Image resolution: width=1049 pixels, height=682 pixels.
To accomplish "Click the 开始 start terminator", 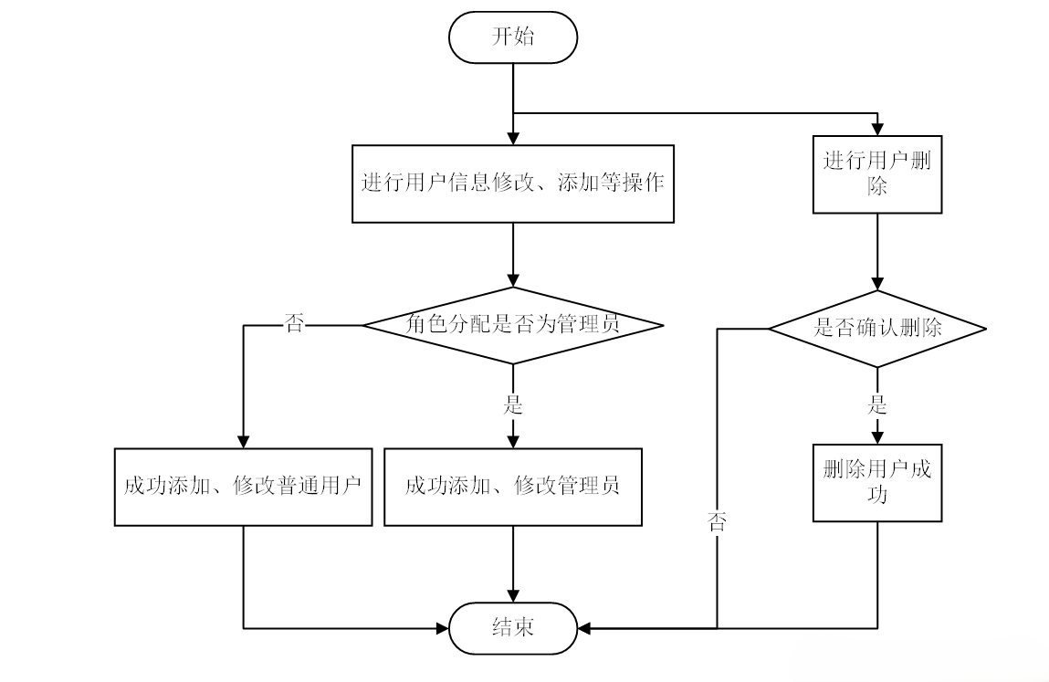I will click(512, 37).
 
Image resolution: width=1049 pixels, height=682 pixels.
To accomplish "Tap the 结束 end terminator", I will click(512, 627).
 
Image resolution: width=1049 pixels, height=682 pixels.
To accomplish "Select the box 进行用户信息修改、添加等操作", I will click(512, 183).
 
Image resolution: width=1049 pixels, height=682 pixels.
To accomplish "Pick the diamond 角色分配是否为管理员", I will click(512, 324).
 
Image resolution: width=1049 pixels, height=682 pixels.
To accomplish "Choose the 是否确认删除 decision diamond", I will click(876, 328).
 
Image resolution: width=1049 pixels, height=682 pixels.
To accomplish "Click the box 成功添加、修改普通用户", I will click(243, 486).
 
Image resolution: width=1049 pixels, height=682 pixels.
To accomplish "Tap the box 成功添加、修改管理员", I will click(512, 486).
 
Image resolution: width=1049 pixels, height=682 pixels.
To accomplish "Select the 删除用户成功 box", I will click(876, 482).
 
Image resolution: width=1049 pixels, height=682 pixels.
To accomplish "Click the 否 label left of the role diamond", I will click(294, 324).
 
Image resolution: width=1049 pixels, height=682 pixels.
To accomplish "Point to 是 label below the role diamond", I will click(512, 404).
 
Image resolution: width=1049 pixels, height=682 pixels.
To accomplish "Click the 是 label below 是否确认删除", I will click(876, 404).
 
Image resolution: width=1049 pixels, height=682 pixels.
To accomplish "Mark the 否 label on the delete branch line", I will click(717, 522).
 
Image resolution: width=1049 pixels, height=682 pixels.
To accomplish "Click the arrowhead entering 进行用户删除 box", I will click(876, 129).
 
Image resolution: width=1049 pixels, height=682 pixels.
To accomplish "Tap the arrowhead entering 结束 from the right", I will click(584, 627).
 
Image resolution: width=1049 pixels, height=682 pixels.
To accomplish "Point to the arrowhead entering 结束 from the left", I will click(442, 627).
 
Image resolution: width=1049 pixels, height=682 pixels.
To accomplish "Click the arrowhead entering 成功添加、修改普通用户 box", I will click(243, 440).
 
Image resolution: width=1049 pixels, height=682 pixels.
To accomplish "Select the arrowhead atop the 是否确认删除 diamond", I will click(876, 283).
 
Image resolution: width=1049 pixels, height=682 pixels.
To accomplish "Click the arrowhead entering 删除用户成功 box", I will click(876, 436).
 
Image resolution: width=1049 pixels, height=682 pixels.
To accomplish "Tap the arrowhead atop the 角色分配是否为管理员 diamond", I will click(512, 280).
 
